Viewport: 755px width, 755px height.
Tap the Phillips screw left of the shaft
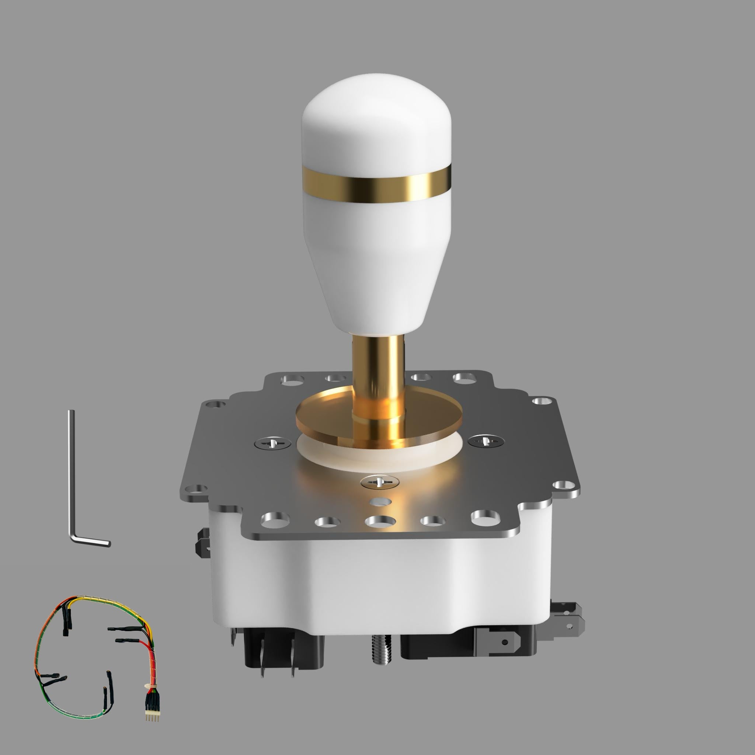[272, 443]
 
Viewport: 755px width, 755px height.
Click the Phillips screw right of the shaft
[486, 441]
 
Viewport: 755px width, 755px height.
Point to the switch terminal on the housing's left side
[203, 543]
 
